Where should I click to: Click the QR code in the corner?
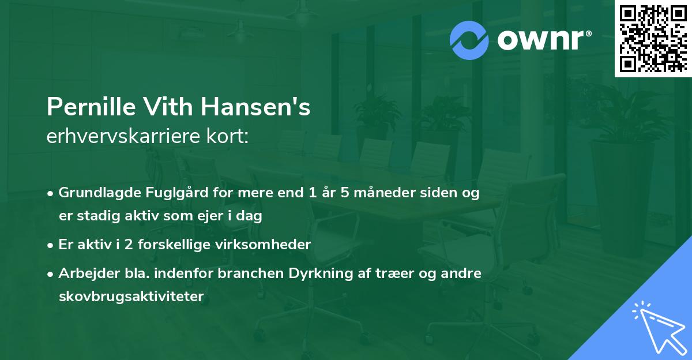point(653,39)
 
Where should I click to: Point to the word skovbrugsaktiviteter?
point(131,297)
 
